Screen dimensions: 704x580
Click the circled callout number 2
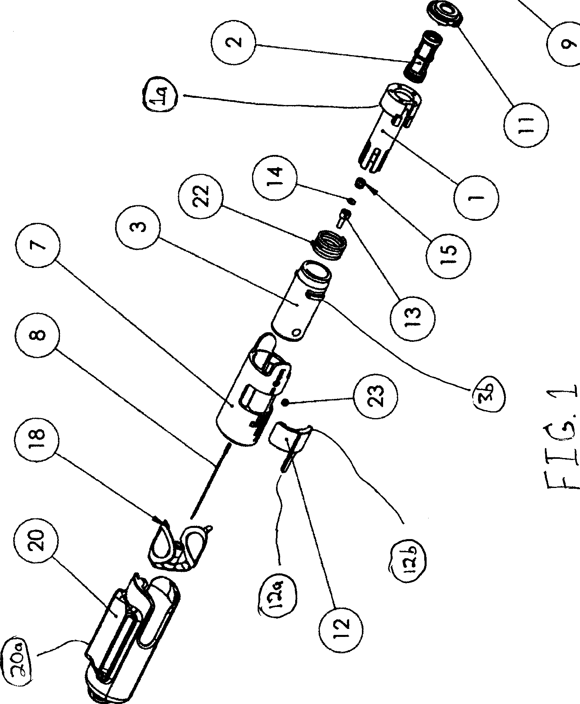tap(234, 41)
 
